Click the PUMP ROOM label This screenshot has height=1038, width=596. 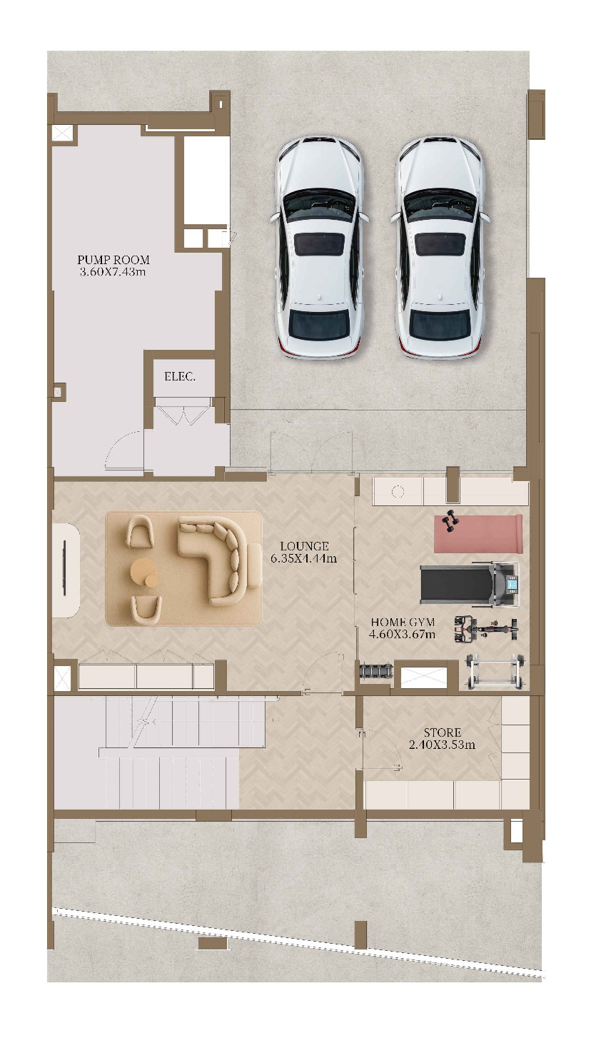tap(113, 260)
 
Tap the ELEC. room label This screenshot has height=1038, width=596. tap(180, 377)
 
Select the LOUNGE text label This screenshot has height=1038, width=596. tap(305, 546)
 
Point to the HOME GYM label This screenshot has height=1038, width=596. tap(403, 623)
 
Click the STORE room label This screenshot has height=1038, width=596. tap(443, 732)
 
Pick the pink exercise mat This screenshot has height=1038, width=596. tap(478, 533)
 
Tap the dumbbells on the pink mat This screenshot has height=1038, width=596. tap(450, 520)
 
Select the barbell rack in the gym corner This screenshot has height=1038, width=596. tap(495, 672)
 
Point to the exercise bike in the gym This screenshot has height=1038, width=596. tap(485, 629)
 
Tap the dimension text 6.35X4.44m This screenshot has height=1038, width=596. tap(304, 558)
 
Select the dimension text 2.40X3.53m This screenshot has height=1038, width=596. tap(443, 745)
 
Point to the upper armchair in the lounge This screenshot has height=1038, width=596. tap(140, 533)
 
